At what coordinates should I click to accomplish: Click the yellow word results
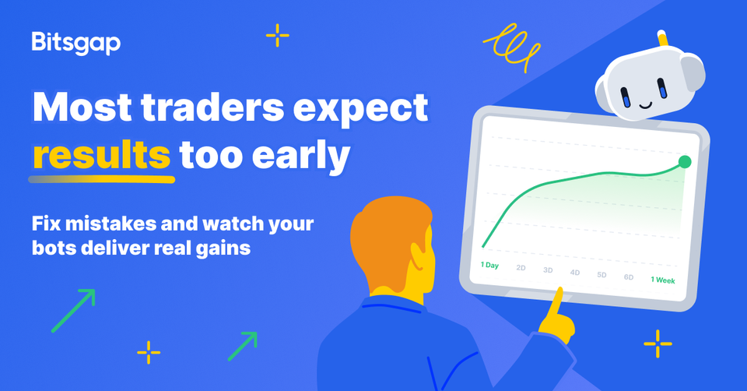coord(101,154)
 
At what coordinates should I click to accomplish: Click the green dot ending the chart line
coord(684,162)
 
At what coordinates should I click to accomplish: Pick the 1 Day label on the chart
coord(489,266)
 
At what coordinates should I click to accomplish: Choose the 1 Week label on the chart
coord(662,280)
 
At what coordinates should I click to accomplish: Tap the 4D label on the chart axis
coord(574,273)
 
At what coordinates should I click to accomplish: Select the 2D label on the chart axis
coord(521,268)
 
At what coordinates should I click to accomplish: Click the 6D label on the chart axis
coord(628,277)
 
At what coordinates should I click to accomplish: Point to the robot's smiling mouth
coord(645,102)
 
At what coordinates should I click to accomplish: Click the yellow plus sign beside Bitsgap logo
coord(277,36)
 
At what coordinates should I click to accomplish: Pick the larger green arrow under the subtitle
coord(73,310)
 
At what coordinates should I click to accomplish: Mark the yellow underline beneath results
coord(101,178)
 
